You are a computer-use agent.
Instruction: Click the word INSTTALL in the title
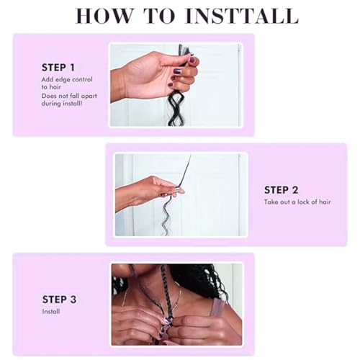[242, 16]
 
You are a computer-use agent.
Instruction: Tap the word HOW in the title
[104, 16]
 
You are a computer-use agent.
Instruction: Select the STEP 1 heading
[58, 68]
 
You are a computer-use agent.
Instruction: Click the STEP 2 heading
[281, 190]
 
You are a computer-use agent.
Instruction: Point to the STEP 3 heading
[59, 300]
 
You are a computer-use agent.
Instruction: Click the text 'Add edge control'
[67, 79]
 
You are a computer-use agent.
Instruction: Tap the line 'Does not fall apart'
[69, 96]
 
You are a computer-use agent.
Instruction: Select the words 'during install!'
[62, 104]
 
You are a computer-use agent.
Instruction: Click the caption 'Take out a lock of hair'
[297, 202]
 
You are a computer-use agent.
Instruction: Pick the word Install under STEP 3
[51, 312]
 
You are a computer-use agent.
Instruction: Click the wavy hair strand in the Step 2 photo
[167, 215]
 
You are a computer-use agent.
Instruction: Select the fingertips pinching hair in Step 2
[178, 192]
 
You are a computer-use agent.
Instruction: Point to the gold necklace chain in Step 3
[179, 297]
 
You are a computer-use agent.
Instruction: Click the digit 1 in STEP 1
[72, 68]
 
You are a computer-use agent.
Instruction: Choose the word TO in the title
[159, 16]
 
